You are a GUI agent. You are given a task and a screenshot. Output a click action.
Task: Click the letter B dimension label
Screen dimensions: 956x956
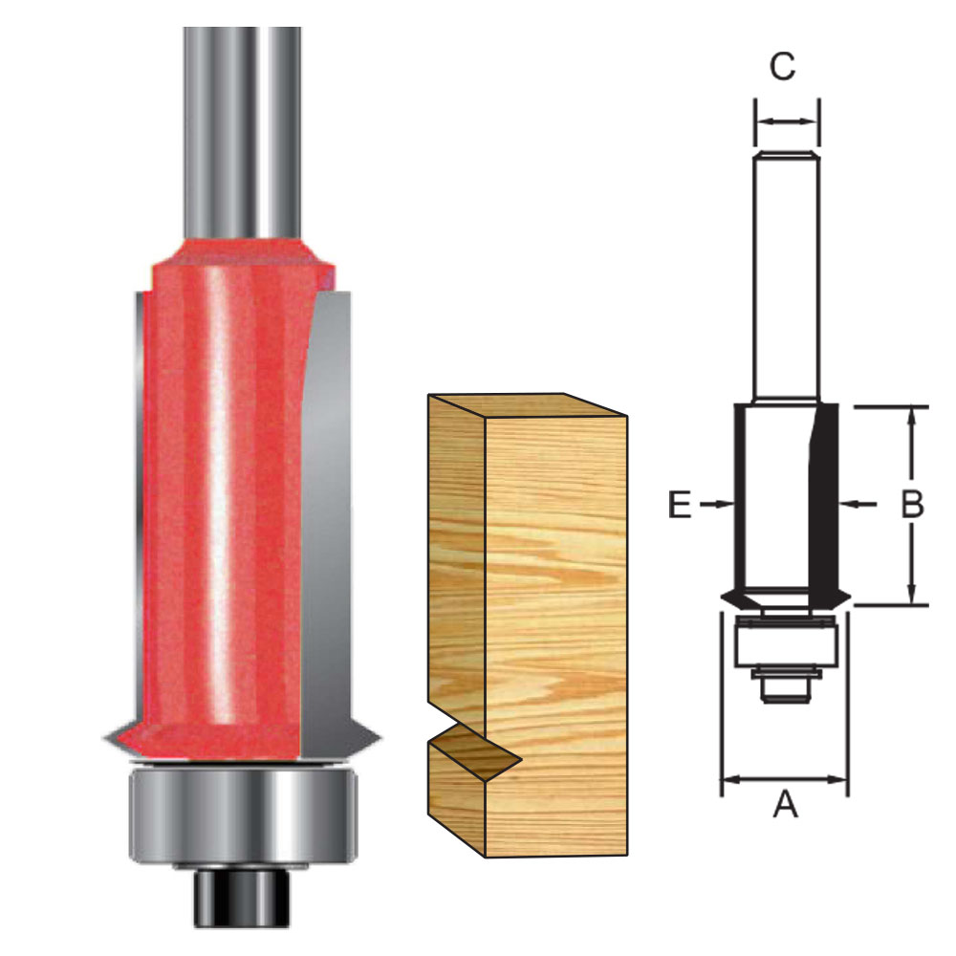pyautogui.click(x=912, y=504)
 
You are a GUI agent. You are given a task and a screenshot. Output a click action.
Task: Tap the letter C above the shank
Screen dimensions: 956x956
pyautogui.click(x=783, y=68)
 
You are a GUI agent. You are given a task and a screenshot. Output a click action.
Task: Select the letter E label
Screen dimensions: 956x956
pyautogui.click(x=679, y=505)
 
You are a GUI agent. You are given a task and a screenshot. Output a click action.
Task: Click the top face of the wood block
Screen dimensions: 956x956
pyautogui.click(x=526, y=407)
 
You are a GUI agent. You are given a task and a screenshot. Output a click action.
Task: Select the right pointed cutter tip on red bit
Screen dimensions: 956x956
pyautogui.click(x=373, y=737)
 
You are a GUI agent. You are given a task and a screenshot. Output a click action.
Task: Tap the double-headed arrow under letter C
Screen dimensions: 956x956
pyautogui.click(x=787, y=121)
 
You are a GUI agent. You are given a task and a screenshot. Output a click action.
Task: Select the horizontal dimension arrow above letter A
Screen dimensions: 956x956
pyautogui.click(x=784, y=780)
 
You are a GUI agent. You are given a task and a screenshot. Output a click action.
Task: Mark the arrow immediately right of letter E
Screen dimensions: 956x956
pyautogui.click(x=713, y=504)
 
